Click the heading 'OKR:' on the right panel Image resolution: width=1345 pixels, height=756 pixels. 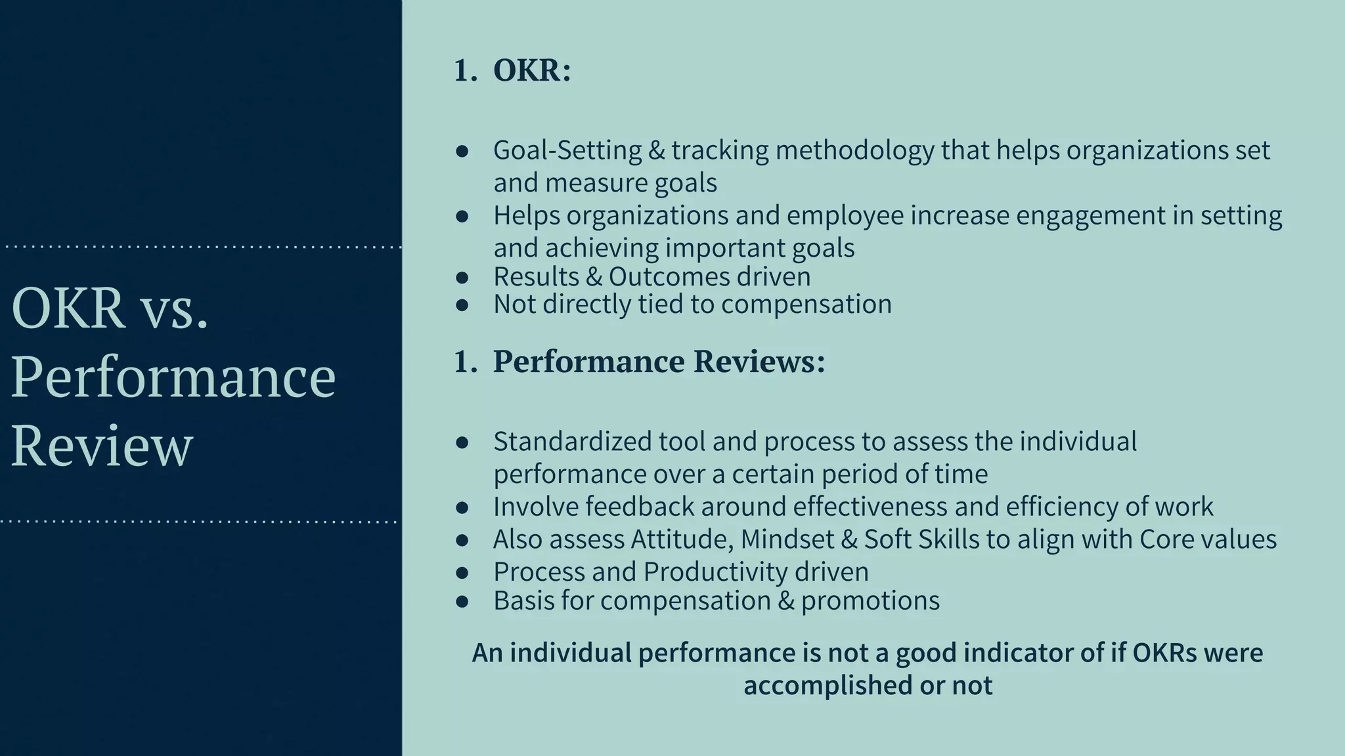[x=532, y=70]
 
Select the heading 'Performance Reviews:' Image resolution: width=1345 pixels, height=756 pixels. [x=659, y=362]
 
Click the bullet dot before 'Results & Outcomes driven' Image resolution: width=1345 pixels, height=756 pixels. [x=462, y=278]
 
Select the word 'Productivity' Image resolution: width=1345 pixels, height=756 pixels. [x=715, y=572]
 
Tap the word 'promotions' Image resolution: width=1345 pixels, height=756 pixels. [x=870, y=600]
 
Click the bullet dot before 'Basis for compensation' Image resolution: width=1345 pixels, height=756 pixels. [x=462, y=601]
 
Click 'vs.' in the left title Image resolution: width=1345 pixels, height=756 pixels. [x=175, y=308]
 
